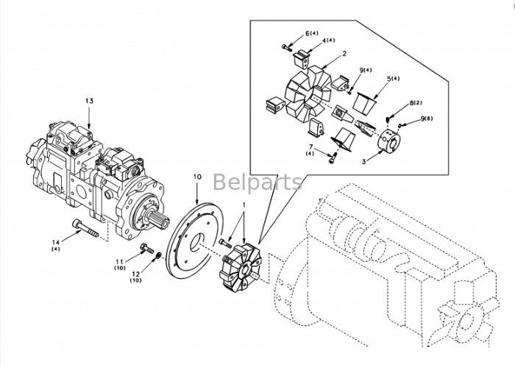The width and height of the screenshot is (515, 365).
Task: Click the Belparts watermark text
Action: click(x=257, y=181)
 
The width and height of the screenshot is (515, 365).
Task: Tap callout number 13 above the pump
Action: click(x=90, y=100)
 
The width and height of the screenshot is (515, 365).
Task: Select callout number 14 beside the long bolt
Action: click(x=56, y=241)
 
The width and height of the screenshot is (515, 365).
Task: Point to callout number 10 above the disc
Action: click(x=197, y=177)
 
